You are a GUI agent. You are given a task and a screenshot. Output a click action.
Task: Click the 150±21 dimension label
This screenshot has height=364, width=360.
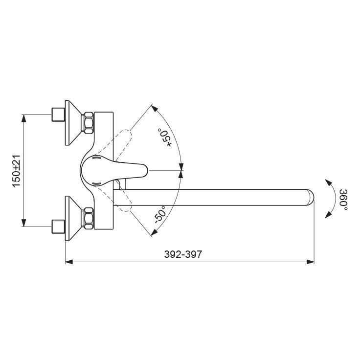coord(17,170)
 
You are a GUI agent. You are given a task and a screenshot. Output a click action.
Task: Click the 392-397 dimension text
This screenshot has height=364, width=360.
coord(183,254)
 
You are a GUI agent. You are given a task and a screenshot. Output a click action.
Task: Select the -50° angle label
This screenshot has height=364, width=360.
coord(160,214)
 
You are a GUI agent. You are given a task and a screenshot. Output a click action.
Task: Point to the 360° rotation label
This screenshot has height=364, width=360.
coord(343,200)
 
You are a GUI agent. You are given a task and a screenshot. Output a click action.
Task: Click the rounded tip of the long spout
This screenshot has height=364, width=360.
coord(311,198)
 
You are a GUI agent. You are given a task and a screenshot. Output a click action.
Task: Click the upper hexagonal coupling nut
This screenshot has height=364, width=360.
coord(89,123)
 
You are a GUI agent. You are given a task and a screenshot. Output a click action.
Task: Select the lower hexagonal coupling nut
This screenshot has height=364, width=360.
coord(89,218)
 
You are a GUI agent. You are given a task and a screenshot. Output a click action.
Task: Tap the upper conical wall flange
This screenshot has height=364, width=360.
coord(73,123)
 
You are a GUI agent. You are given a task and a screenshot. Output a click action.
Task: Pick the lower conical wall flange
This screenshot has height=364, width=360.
coord(73,218)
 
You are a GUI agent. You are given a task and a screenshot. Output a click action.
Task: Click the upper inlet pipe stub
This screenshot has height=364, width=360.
coord(58,114)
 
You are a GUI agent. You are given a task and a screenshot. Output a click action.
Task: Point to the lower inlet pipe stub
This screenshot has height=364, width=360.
coord(58,227)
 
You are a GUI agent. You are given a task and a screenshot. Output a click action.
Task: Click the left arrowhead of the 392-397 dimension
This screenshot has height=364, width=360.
coord(68,262)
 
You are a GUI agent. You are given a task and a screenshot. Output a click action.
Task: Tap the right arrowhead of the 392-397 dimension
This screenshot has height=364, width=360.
coord(311,262)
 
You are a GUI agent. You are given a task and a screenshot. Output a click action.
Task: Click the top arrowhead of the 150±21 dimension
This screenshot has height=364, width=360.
coord(23,118)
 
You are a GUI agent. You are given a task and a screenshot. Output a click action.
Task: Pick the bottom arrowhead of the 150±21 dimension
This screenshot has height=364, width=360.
coord(23,223)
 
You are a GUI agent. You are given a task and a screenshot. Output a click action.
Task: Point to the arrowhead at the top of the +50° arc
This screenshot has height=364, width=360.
coord(154,108)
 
